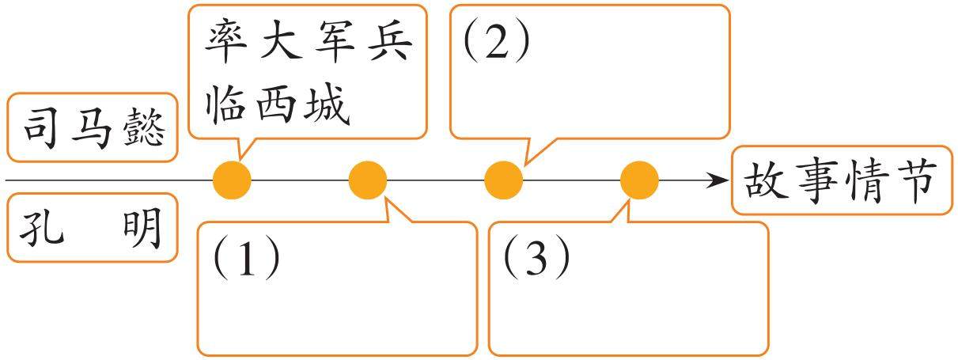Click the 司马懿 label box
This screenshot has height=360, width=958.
click(93, 128)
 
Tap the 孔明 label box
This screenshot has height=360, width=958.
click(93, 228)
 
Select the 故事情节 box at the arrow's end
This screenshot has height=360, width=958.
click(842, 180)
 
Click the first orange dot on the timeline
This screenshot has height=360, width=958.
click(233, 180)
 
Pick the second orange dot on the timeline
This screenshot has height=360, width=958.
click(368, 180)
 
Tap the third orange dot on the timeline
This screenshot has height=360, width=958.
click(503, 180)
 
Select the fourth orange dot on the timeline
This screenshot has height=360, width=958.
click(639, 180)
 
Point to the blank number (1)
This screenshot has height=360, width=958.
click(246, 259)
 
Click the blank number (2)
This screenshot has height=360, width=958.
click(497, 44)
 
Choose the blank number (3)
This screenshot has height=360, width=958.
click(536, 259)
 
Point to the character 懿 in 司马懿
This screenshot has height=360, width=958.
click(144, 128)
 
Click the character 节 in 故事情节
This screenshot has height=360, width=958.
click(918, 181)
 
